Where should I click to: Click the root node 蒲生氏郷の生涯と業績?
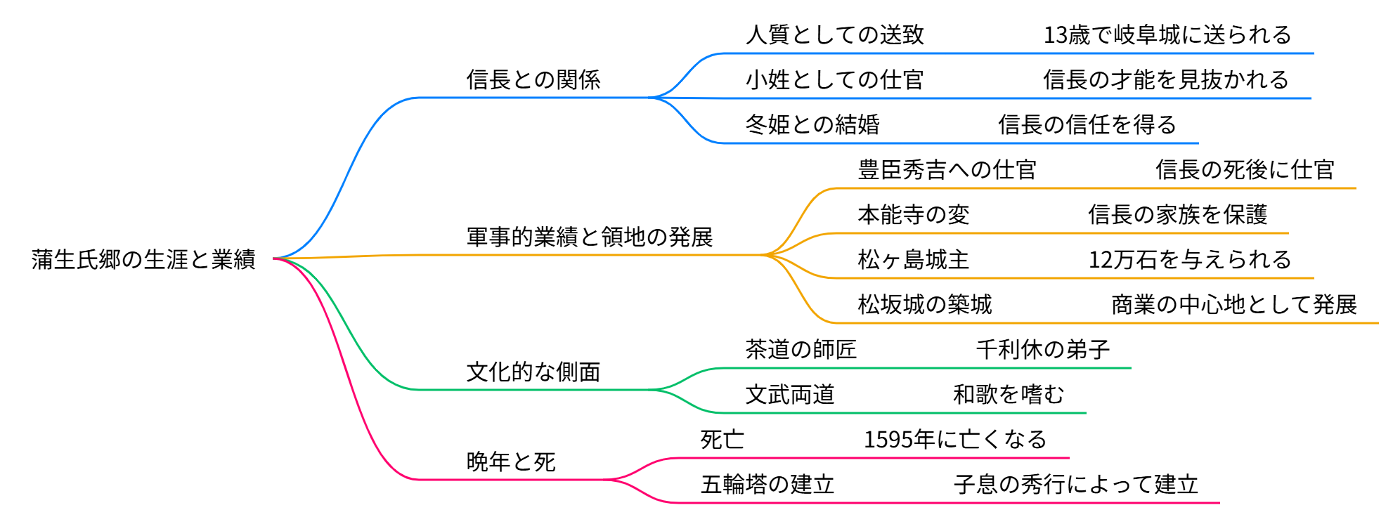(x=143, y=259)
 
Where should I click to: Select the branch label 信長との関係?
(x=533, y=79)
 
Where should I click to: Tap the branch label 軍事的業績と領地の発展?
(x=590, y=237)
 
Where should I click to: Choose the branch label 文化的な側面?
(x=533, y=372)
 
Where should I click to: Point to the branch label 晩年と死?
(x=511, y=462)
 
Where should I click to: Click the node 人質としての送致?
(x=834, y=34)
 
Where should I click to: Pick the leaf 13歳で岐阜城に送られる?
(x=1167, y=34)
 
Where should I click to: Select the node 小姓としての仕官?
(x=834, y=79)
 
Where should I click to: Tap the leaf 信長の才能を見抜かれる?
(x=1166, y=79)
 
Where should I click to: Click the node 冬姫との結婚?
(x=812, y=124)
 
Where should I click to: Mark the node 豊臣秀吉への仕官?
(x=947, y=169)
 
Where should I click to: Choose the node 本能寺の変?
(x=914, y=214)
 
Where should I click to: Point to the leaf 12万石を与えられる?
(x=1190, y=259)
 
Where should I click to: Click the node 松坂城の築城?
(x=925, y=304)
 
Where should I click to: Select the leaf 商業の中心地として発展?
(x=1234, y=304)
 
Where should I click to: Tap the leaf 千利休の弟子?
(x=1043, y=349)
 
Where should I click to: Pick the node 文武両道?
(x=790, y=394)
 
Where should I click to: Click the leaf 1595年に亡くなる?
(x=955, y=439)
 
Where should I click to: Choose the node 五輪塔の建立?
(x=767, y=484)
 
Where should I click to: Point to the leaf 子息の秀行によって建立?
(x=1076, y=484)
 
